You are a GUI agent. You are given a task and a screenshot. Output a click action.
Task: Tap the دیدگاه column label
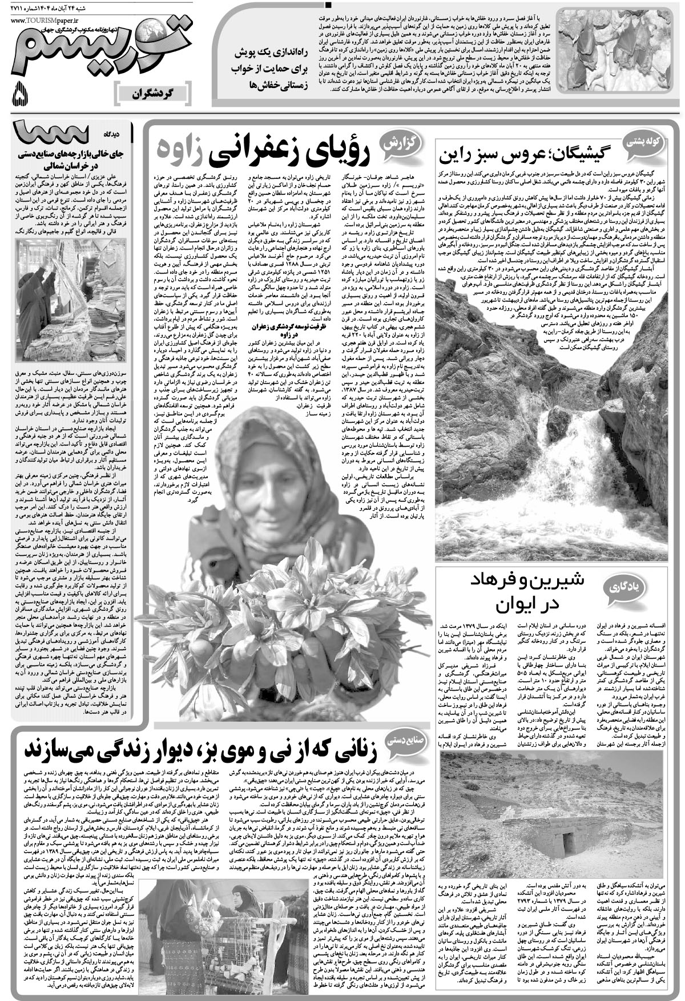pos(115,133)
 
